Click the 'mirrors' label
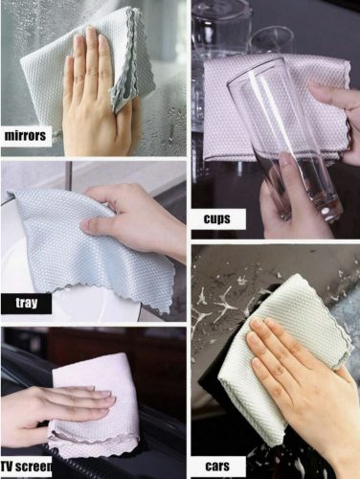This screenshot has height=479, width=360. click(x=25, y=136)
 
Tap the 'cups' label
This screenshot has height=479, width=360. click(x=217, y=219)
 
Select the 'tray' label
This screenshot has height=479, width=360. click(x=26, y=303)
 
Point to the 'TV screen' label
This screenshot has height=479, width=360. click(x=26, y=467)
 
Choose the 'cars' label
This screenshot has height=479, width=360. click(x=217, y=466)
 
